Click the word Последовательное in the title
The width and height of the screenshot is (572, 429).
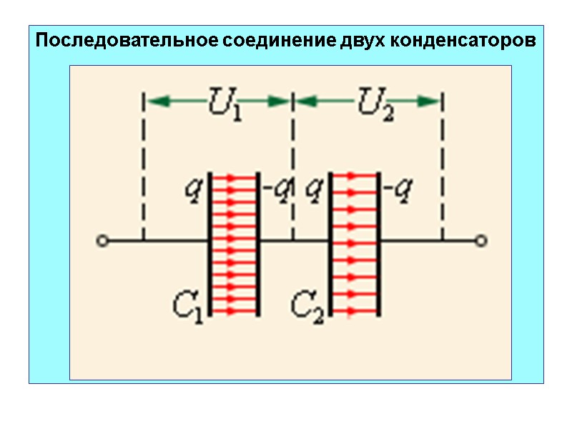pyautogui.click(x=127, y=40)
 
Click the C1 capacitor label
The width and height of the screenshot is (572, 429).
pyautogui.click(x=189, y=305)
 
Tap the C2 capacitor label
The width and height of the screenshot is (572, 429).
pyautogui.click(x=309, y=305)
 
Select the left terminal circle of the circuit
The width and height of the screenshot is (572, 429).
pyautogui.click(x=103, y=241)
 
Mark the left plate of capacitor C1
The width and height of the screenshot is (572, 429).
pyautogui.click(x=209, y=243)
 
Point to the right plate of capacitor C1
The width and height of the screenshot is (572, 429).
pyautogui.click(x=257, y=243)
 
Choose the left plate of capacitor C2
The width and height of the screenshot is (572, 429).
pyautogui.click(x=330, y=243)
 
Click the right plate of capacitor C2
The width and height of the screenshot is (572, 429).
pyautogui.click(x=378, y=243)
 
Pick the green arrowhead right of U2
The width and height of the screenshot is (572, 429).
pyautogui.click(x=430, y=102)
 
